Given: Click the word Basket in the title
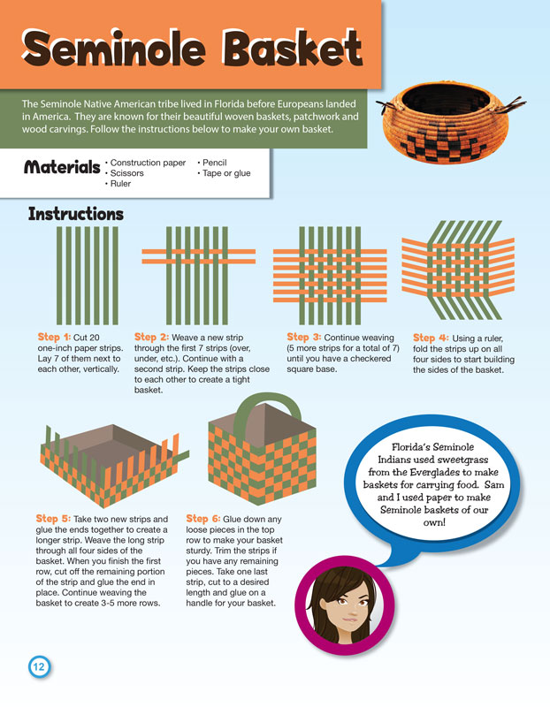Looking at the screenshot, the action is [294, 48].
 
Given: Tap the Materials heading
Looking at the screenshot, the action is [62, 167].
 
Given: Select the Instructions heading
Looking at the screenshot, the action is [76, 214].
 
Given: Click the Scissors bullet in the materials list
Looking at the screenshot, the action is [125, 173].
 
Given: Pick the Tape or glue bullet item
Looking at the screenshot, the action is [224, 173].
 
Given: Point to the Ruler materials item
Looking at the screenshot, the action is [118, 184].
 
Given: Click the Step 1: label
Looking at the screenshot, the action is [54, 338].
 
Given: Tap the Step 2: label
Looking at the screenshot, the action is [151, 338].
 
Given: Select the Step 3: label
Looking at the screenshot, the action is [304, 338].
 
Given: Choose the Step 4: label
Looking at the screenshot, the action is [431, 338].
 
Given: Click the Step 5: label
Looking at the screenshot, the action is [53, 519].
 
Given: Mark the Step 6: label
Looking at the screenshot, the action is [203, 519].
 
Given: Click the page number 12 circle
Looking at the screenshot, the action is [39, 666].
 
